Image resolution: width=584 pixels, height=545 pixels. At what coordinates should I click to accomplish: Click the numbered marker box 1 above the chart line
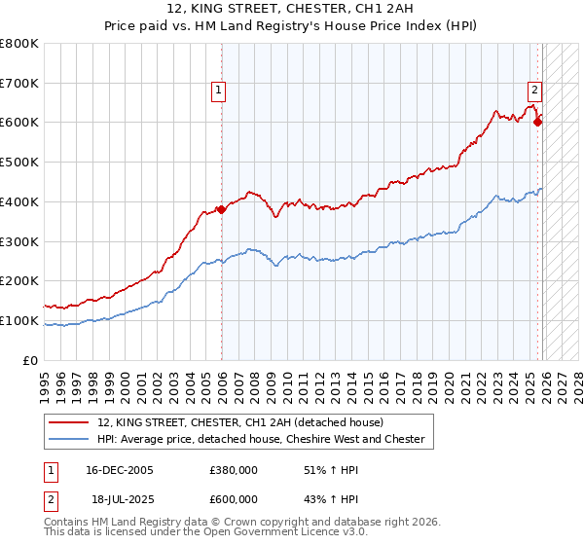click(x=218, y=91)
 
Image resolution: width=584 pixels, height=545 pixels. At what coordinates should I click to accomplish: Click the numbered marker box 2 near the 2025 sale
click(x=534, y=91)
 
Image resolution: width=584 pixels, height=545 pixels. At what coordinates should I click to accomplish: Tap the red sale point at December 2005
click(x=222, y=209)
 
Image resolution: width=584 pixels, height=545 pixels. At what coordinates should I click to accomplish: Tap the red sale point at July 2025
click(x=538, y=122)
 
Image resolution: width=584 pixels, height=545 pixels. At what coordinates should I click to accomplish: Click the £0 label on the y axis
click(x=32, y=361)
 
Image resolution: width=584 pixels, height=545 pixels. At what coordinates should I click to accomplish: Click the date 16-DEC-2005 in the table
click(x=120, y=470)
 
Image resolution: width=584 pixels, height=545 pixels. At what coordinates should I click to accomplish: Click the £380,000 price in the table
click(x=233, y=470)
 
